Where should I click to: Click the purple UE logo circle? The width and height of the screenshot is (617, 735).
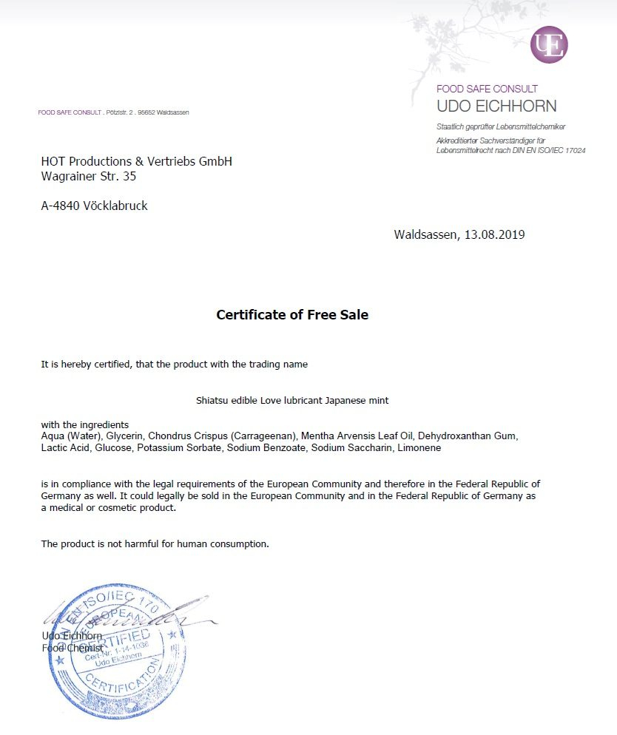point(549,44)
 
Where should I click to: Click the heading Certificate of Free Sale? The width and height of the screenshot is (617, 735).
point(292,315)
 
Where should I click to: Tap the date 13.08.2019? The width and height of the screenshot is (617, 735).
point(494,235)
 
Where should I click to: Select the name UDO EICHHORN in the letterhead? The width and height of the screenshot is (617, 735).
point(496,106)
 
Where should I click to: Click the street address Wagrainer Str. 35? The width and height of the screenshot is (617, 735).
point(89,177)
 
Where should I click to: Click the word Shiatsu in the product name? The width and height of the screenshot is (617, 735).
point(212,401)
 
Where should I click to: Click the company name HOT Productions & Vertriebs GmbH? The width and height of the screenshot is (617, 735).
point(136,161)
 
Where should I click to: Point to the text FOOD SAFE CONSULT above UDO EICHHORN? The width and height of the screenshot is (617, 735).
point(487,89)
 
